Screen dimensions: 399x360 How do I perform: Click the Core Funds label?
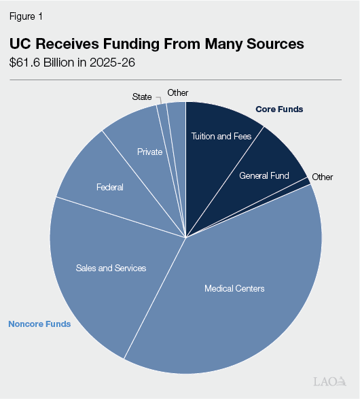click(x=279, y=109)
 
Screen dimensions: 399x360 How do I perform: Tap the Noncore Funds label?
click(x=39, y=324)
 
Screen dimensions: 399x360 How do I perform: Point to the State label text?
click(x=142, y=97)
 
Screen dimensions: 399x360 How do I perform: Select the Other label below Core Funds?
click(x=323, y=177)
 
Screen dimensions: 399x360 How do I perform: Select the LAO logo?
click(x=330, y=381)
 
